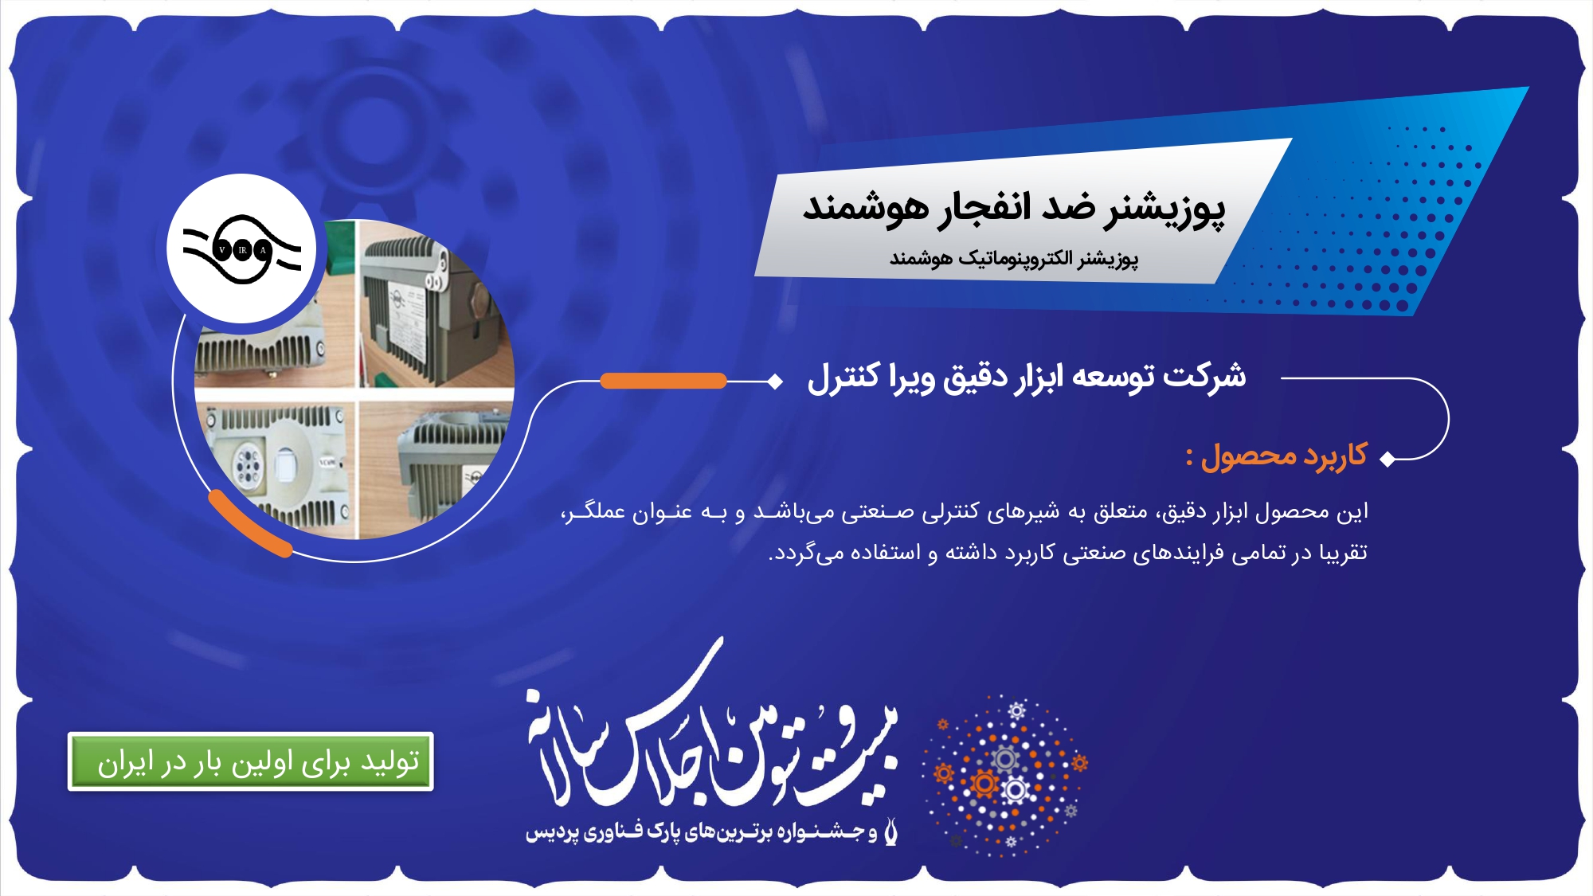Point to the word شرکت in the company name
coord(1204,375)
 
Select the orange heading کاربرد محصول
coord(1283,456)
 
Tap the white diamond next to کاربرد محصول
coord(1388,459)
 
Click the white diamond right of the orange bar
coord(774,381)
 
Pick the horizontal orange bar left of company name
coord(663,381)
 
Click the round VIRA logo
coord(242,249)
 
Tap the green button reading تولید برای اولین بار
coord(251,761)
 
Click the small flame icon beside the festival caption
coord(891,830)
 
